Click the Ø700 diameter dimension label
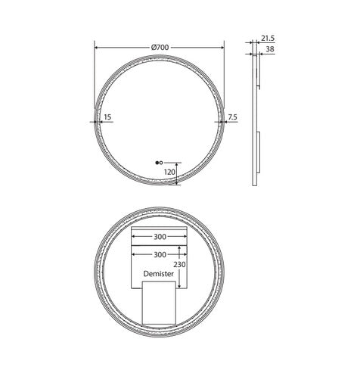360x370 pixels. [159, 47]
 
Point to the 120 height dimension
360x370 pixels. [169, 172]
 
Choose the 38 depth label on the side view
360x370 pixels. [269, 49]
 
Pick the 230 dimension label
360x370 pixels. [178, 265]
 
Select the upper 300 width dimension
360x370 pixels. [159, 237]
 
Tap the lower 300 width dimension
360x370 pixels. [159, 255]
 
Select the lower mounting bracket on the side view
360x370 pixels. [257, 151]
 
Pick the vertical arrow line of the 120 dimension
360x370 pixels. [178, 174]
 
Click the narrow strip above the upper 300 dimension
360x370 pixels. [159, 227]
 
